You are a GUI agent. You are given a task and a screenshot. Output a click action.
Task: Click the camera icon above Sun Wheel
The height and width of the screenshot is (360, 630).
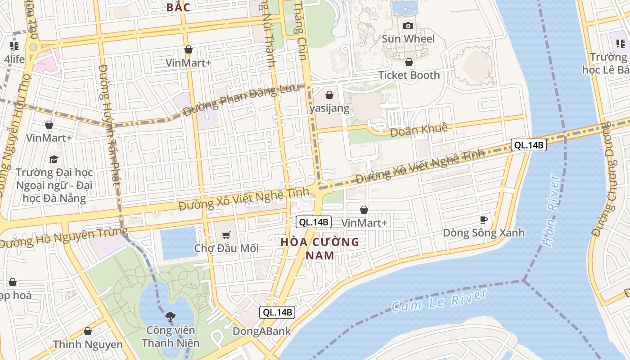click(x=408, y=26)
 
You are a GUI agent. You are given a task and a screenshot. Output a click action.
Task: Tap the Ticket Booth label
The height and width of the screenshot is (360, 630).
click(x=409, y=75)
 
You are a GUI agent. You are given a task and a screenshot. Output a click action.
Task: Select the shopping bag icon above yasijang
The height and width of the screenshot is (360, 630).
click(x=329, y=94)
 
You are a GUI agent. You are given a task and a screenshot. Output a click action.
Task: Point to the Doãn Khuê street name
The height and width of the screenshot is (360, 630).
click(x=419, y=130)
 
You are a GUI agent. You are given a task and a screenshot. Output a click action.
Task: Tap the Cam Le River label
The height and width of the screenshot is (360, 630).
click(x=439, y=300)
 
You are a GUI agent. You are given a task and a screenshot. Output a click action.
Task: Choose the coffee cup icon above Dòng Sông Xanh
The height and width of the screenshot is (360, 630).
click(x=484, y=220)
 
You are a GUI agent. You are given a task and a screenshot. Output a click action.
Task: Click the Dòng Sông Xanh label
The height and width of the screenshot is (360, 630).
click(x=484, y=233)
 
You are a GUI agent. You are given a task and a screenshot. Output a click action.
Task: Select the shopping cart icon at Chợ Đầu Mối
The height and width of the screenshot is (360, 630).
click(x=226, y=235)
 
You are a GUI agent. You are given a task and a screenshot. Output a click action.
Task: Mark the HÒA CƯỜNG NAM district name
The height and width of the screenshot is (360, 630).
click(x=320, y=248)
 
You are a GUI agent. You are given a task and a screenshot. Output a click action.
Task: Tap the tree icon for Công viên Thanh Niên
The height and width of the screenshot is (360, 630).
click(x=170, y=317)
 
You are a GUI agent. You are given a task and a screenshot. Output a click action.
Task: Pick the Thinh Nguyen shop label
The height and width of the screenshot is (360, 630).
click(x=88, y=345)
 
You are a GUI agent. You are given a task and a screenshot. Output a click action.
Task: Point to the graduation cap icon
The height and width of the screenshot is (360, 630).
click(x=54, y=159)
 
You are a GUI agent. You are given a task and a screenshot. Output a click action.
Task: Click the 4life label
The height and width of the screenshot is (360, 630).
click(x=14, y=59)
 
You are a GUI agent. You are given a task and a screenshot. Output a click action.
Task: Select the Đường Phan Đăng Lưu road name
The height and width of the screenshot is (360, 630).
click(x=241, y=99)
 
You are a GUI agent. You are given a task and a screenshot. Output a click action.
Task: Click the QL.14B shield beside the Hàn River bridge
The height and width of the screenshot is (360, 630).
click(x=528, y=145)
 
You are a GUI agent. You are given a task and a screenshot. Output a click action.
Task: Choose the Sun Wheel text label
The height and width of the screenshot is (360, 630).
click(x=408, y=39)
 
